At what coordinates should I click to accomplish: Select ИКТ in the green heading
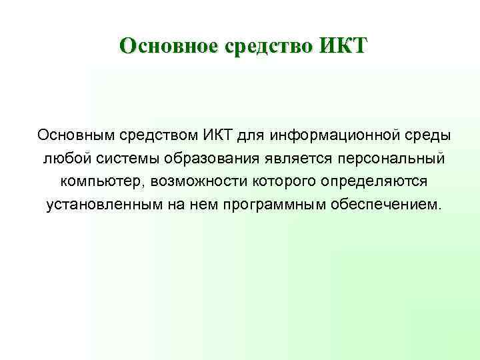point(343,47)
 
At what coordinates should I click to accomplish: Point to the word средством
point(158,135)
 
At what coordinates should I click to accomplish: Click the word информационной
point(331,135)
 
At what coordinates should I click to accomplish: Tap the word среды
point(423,135)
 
